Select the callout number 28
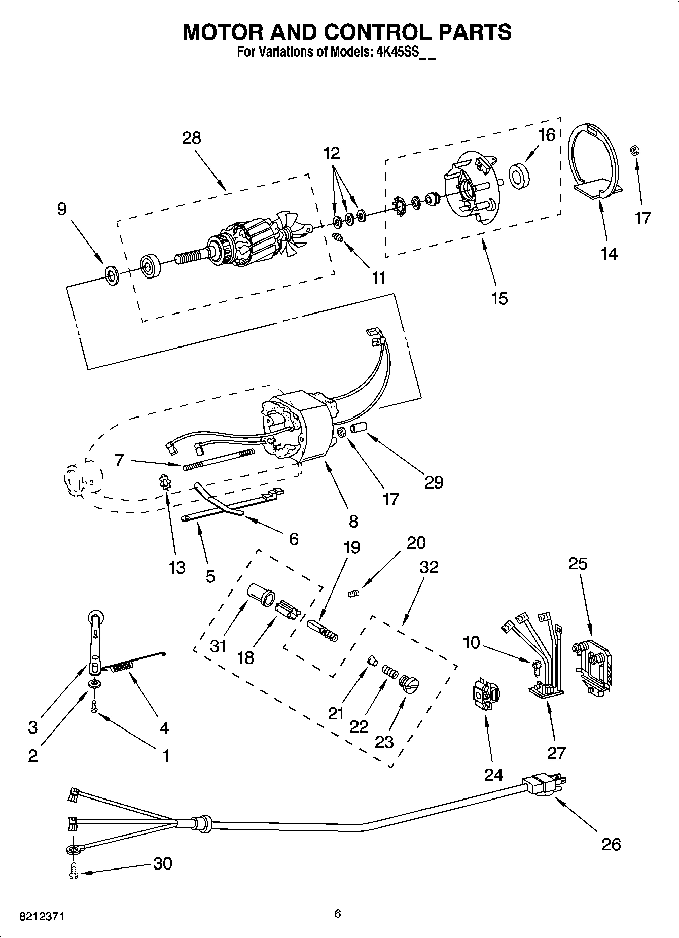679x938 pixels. point(192,138)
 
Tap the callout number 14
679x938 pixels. point(609,254)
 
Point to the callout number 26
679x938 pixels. point(611,844)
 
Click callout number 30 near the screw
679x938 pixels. point(162,863)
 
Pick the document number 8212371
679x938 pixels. point(42,917)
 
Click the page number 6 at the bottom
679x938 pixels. point(338,914)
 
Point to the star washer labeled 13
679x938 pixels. point(165,481)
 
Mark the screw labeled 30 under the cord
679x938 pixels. point(73,872)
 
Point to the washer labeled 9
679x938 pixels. point(111,275)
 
